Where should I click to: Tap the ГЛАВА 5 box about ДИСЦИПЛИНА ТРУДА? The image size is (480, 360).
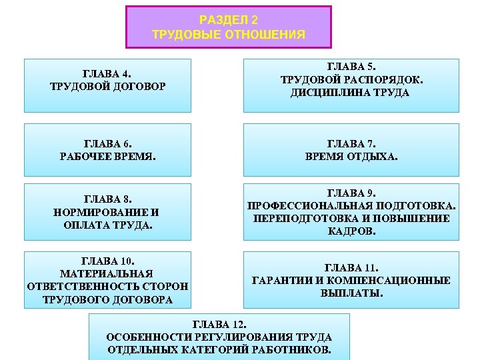(351, 85)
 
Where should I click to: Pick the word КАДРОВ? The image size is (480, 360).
(352, 231)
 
